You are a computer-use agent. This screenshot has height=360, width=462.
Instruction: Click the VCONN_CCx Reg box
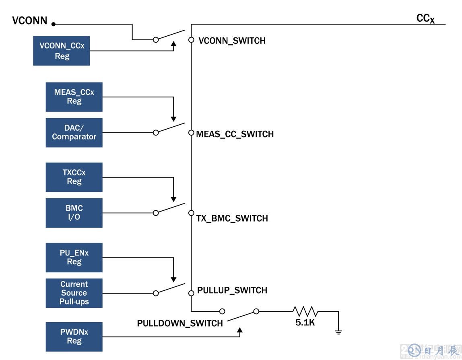click(62, 51)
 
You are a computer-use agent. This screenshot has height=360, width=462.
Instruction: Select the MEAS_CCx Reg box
click(74, 97)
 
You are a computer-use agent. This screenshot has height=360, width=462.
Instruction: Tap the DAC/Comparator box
click(74, 132)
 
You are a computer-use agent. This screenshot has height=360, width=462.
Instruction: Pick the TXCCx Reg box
click(74, 177)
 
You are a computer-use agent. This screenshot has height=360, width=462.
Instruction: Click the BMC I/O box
click(74, 213)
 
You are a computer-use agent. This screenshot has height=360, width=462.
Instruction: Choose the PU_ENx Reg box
click(74, 257)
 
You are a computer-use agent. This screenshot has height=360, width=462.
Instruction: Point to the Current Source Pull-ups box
click(74, 293)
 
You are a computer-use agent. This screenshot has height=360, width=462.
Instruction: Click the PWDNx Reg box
click(74, 337)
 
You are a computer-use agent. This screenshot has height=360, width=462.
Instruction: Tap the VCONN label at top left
click(30, 21)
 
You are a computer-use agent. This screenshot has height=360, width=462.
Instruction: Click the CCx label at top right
click(425, 19)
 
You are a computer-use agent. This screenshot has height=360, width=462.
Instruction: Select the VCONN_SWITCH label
click(232, 41)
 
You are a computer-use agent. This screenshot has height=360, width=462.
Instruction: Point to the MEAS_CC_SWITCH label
click(235, 134)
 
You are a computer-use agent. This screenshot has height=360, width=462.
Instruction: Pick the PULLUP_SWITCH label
click(232, 290)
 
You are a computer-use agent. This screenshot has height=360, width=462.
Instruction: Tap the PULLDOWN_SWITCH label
click(180, 323)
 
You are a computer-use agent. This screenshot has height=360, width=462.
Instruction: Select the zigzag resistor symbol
click(305, 311)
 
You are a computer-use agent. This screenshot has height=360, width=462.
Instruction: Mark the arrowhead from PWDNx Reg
click(240, 331)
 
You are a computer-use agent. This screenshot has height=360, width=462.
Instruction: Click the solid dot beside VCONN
click(54, 24)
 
